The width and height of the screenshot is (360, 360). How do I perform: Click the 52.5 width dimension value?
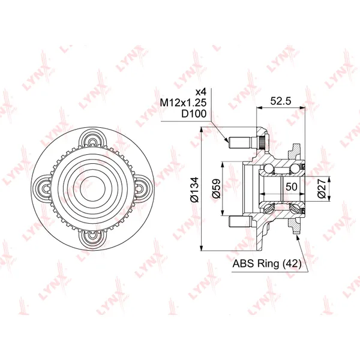pos(281,101)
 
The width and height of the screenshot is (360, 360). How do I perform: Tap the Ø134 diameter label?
pos(194,190)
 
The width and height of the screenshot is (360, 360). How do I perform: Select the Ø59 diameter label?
pos(216,188)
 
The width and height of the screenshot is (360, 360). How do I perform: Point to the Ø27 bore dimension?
pos(322,188)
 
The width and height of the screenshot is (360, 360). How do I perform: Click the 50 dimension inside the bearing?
pos(292,187)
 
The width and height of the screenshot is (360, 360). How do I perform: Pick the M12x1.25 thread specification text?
pos(183,103)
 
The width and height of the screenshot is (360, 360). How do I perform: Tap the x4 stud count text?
pos(201,92)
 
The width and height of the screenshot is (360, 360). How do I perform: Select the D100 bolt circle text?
pos(194,113)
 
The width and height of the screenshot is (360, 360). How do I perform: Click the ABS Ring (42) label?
pos(267,263)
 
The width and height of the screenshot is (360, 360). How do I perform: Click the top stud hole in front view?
pos(92,142)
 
